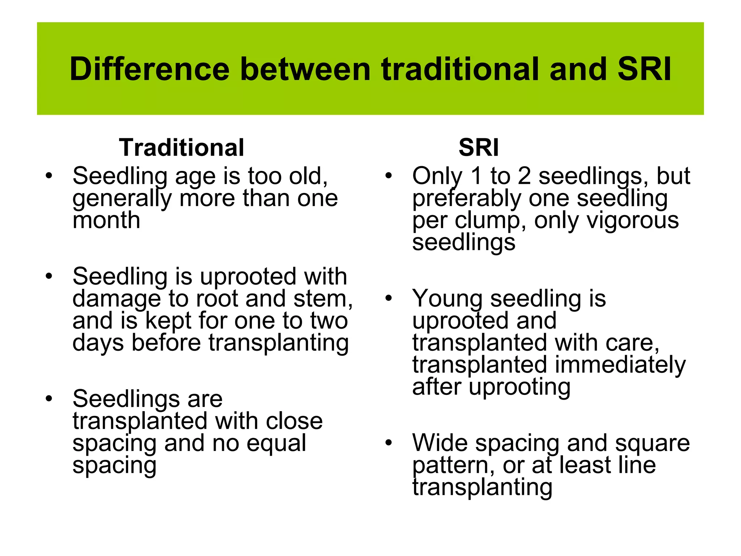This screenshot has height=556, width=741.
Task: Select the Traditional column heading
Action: coord(182,148)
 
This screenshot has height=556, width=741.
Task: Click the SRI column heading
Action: coord(478,148)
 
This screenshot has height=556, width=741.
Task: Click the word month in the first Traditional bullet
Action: coord(106,220)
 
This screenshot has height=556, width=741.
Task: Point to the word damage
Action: coord(116,299)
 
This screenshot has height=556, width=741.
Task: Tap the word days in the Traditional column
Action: coord(98,343)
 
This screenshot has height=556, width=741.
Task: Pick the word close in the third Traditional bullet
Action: coord(294,421)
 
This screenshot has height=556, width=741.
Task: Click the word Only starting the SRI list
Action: coord(437,176)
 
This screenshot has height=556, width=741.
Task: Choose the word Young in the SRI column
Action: coord(447,299)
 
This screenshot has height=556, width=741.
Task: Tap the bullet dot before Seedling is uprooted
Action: coord(49,277)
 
